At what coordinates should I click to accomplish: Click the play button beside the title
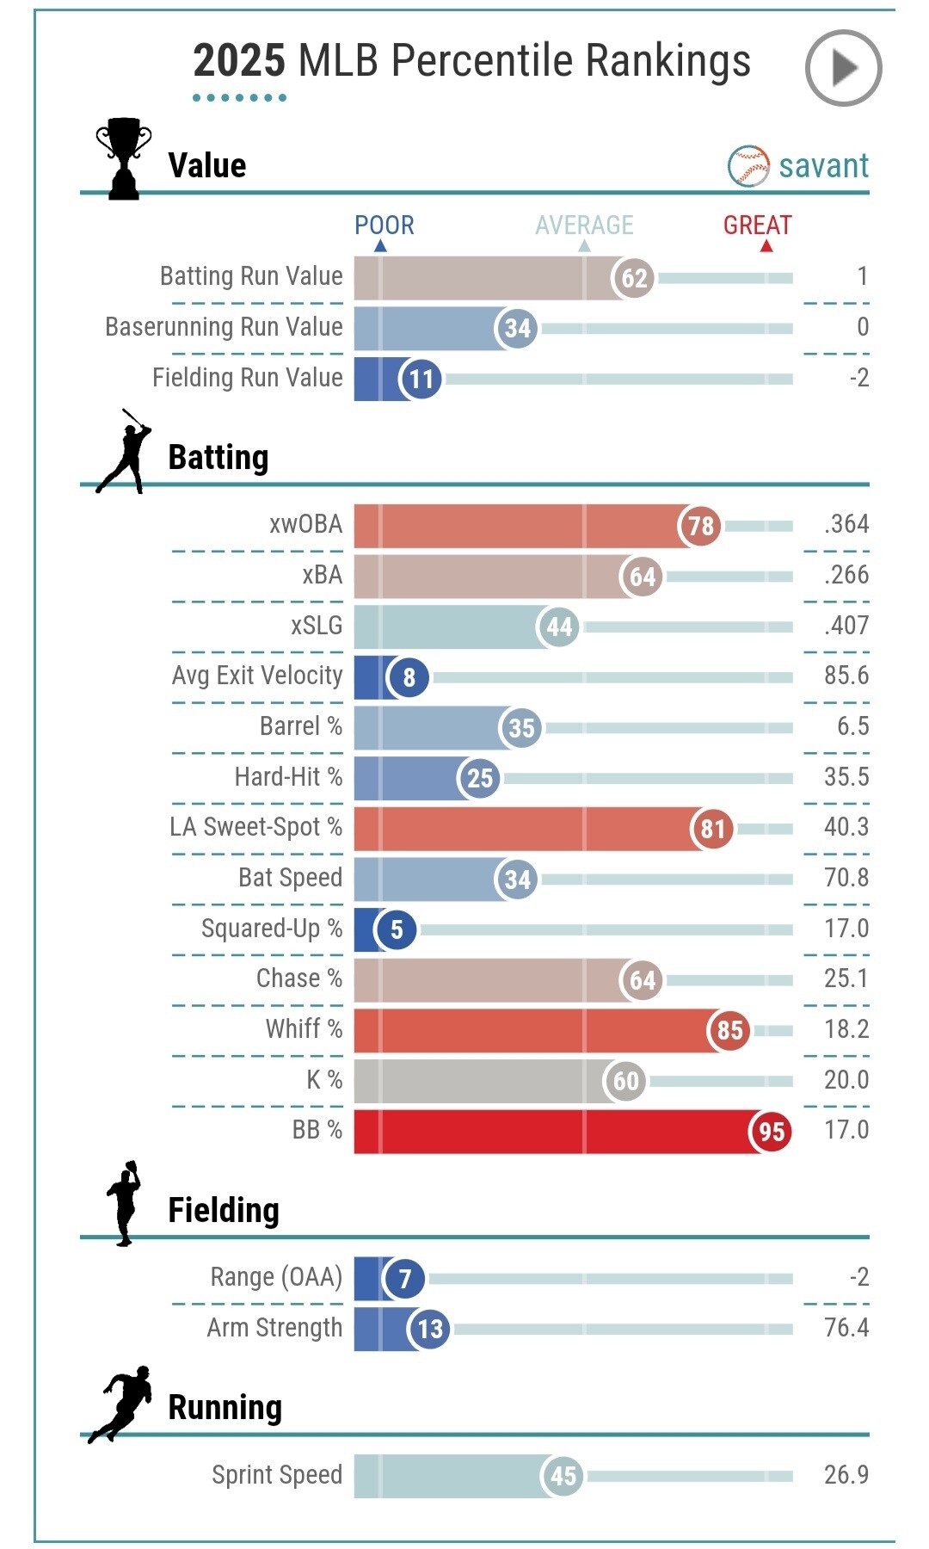[843, 68]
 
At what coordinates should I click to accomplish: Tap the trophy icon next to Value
[124, 159]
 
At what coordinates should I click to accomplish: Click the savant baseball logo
[748, 166]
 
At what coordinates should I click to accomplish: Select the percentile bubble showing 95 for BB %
[771, 1131]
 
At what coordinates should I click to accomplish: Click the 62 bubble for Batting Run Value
[634, 278]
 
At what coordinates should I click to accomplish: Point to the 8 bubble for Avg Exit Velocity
[409, 677]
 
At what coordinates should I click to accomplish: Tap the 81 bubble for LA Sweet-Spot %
[712, 829]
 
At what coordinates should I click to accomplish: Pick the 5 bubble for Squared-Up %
[397, 929]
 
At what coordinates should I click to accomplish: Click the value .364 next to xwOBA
[846, 524]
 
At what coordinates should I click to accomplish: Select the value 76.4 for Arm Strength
[846, 1328]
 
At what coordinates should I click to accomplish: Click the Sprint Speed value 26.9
[846, 1475]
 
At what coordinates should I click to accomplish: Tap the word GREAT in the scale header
[757, 225]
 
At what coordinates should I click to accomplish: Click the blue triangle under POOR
[380, 246]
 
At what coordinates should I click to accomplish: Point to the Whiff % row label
[304, 1029]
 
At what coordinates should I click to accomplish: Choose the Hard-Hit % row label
[288, 777]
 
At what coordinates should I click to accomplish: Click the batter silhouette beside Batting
[125, 452]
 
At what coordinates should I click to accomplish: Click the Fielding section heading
[224, 1210]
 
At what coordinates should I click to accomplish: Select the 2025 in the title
[238, 61]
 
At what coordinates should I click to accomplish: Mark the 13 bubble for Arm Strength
[430, 1329]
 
